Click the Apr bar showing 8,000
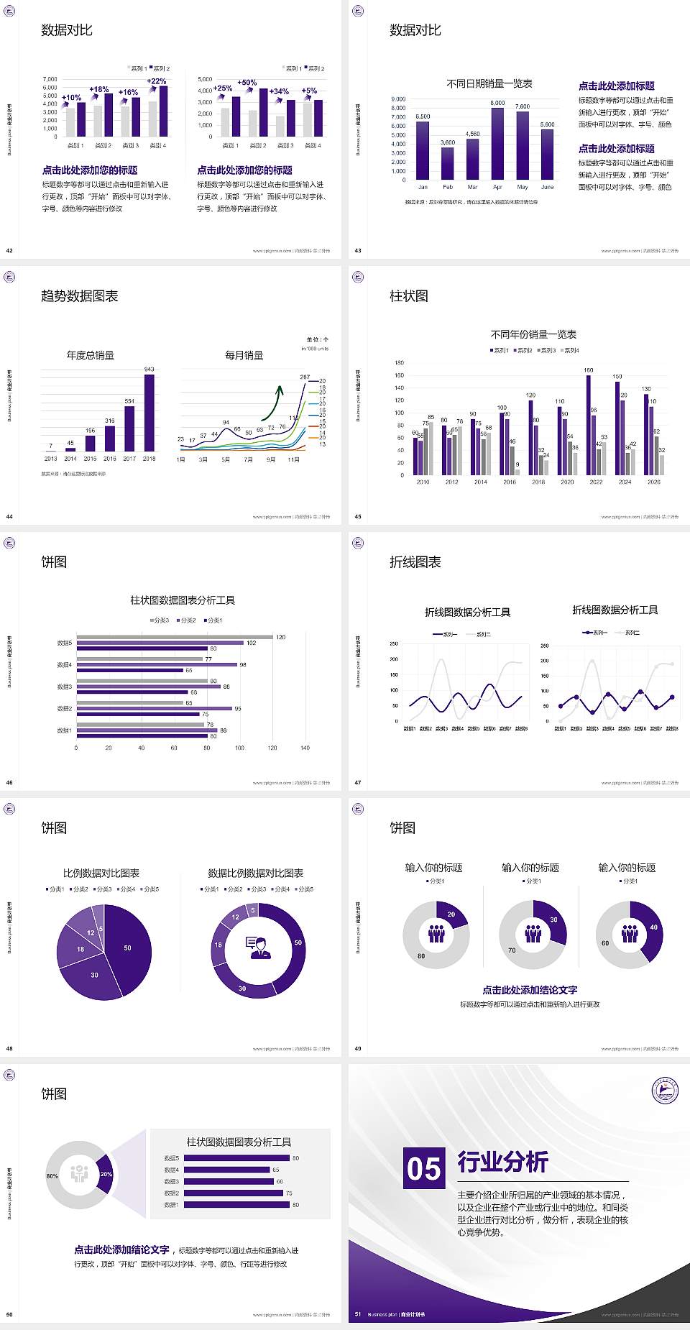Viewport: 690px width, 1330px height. pyautogui.click(x=497, y=144)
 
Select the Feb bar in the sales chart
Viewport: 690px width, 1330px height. pyautogui.click(x=448, y=163)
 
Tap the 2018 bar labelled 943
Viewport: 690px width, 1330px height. pyautogui.click(x=149, y=413)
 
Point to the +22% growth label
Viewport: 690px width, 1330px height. pyautogui.click(x=157, y=81)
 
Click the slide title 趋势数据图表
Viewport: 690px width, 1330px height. pyautogui.click(x=79, y=296)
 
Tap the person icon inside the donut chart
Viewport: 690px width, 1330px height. pyautogui.click(x=258, y=947)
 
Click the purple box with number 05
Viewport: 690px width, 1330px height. pyautogui.click(x=423, y=1168)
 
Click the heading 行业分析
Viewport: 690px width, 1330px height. pyautogui.click(x=503, y=1162)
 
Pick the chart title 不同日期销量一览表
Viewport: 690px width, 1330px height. pyautogui.click(x=489, y=84)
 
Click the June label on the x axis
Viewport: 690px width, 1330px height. pyautogui.click(x=548, y=187)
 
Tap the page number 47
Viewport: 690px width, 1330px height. pyautogui.click(x=358, y=783)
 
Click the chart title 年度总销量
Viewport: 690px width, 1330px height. pyautogui.click(x=91, y=355)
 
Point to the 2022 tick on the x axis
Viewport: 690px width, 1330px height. pyautogui.click(x=596, y=482)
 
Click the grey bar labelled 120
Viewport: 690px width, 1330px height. pyautogui.click(x=175, y=637)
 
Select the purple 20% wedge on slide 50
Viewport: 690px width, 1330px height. pyautogui.click(x=105, y=1174)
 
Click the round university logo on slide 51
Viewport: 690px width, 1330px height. pyautogui.click(x=665, y=1091)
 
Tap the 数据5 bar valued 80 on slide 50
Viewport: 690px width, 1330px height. pyautogui.click(x=236, y=1158)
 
